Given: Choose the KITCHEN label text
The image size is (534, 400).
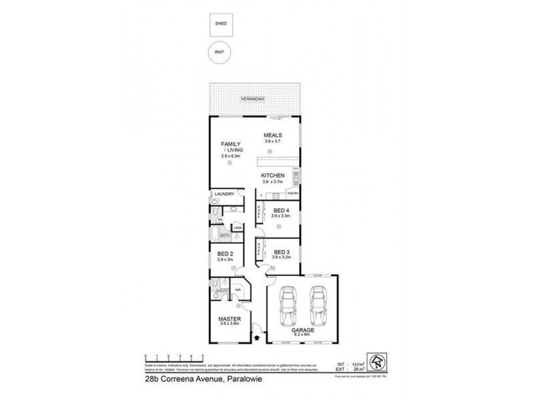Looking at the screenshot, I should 272,176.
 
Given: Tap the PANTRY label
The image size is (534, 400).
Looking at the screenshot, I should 292,193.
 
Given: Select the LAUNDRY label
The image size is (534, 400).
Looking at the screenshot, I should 223,194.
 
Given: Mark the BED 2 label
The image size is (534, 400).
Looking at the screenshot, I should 225,254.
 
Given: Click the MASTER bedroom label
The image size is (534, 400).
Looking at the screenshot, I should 229,319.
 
